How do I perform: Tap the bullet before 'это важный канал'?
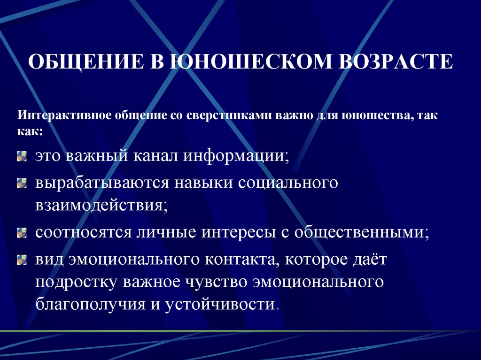(22, 157)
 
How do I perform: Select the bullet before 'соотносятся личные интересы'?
(22, 232)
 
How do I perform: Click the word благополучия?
(89, 304)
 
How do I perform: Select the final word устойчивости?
(220, 304)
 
